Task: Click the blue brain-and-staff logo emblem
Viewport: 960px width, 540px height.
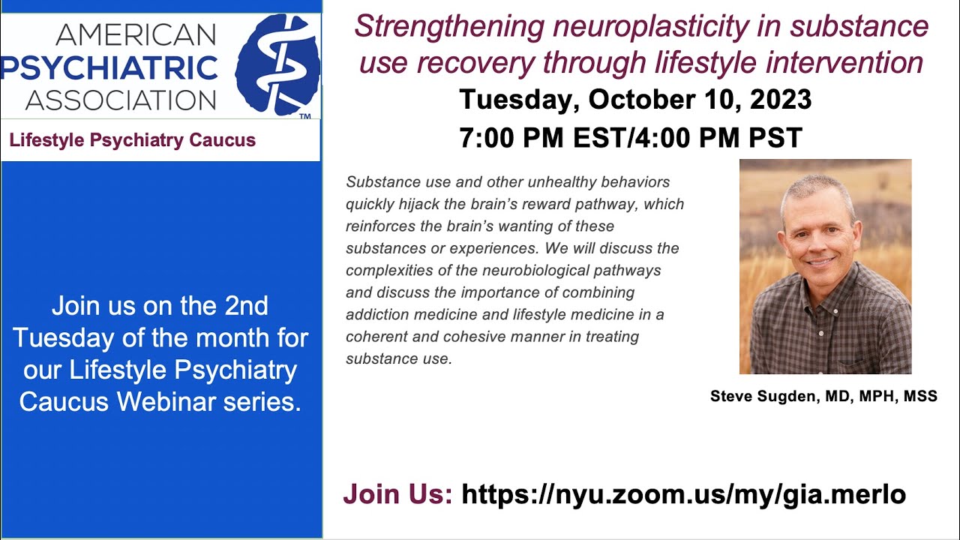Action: point(277,64)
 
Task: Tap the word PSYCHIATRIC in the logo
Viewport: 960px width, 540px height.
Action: point(109,67)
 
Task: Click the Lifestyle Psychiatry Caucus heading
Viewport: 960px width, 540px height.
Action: point(132,140)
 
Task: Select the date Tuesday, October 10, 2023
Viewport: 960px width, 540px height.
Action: point(635,100)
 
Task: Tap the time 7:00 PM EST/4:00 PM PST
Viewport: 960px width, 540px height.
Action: point(631,137)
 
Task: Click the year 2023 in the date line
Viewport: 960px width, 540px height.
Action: point(775,100)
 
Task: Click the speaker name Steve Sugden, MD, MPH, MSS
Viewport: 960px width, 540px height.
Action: point(823,397)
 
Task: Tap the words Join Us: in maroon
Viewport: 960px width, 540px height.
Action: point(397,494)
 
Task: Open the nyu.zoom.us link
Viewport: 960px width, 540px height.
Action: point(683,494)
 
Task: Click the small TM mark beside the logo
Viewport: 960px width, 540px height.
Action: point(304,117)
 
